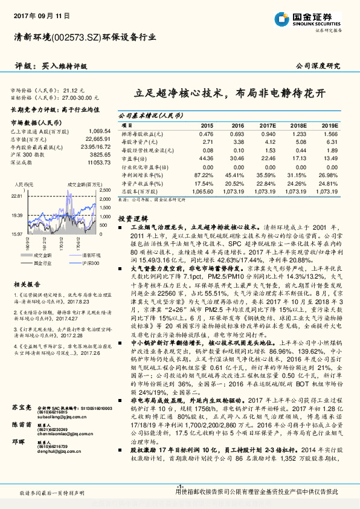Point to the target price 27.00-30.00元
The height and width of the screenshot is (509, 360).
pyautogui.click(x=80, y=96)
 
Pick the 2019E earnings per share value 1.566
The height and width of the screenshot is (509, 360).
pyautogui.click(x=330, y=133)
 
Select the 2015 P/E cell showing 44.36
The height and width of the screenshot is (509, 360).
pyautogui.click(x=206, y=158)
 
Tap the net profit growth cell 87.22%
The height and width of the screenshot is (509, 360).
pyautogui.click(x=205, y=175)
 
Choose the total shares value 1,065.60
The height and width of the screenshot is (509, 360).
pyautogui.click(x=205, y=190)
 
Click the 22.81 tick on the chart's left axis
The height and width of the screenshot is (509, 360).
pyautogui.click(x=17, y=196)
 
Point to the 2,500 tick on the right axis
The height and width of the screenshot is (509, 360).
pyautogui.click(x=104, y=188)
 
